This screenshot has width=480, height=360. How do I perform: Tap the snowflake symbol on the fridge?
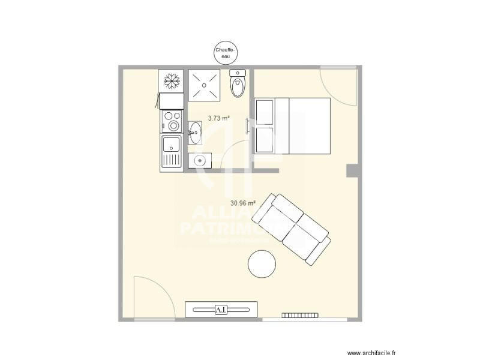coord(170,80)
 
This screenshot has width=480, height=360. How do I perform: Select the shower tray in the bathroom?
coord(205,85)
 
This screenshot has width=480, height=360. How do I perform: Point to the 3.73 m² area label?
coord(219,118)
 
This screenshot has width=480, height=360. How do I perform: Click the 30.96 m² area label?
coord(243,203)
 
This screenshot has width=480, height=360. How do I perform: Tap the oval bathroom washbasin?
coord(195,133)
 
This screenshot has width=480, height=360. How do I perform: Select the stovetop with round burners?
coord(171,121)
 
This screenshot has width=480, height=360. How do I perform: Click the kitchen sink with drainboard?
coord(171,152)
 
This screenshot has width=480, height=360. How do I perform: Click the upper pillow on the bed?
coord(265,112)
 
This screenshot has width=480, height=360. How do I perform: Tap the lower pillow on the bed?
coord(265,140)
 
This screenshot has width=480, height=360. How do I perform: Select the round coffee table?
coord(262,264)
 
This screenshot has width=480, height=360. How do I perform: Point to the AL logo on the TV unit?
coord(221,310)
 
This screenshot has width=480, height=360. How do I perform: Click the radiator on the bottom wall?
coord(299,314)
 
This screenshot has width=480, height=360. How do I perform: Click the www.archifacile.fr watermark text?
coord(376,353)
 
